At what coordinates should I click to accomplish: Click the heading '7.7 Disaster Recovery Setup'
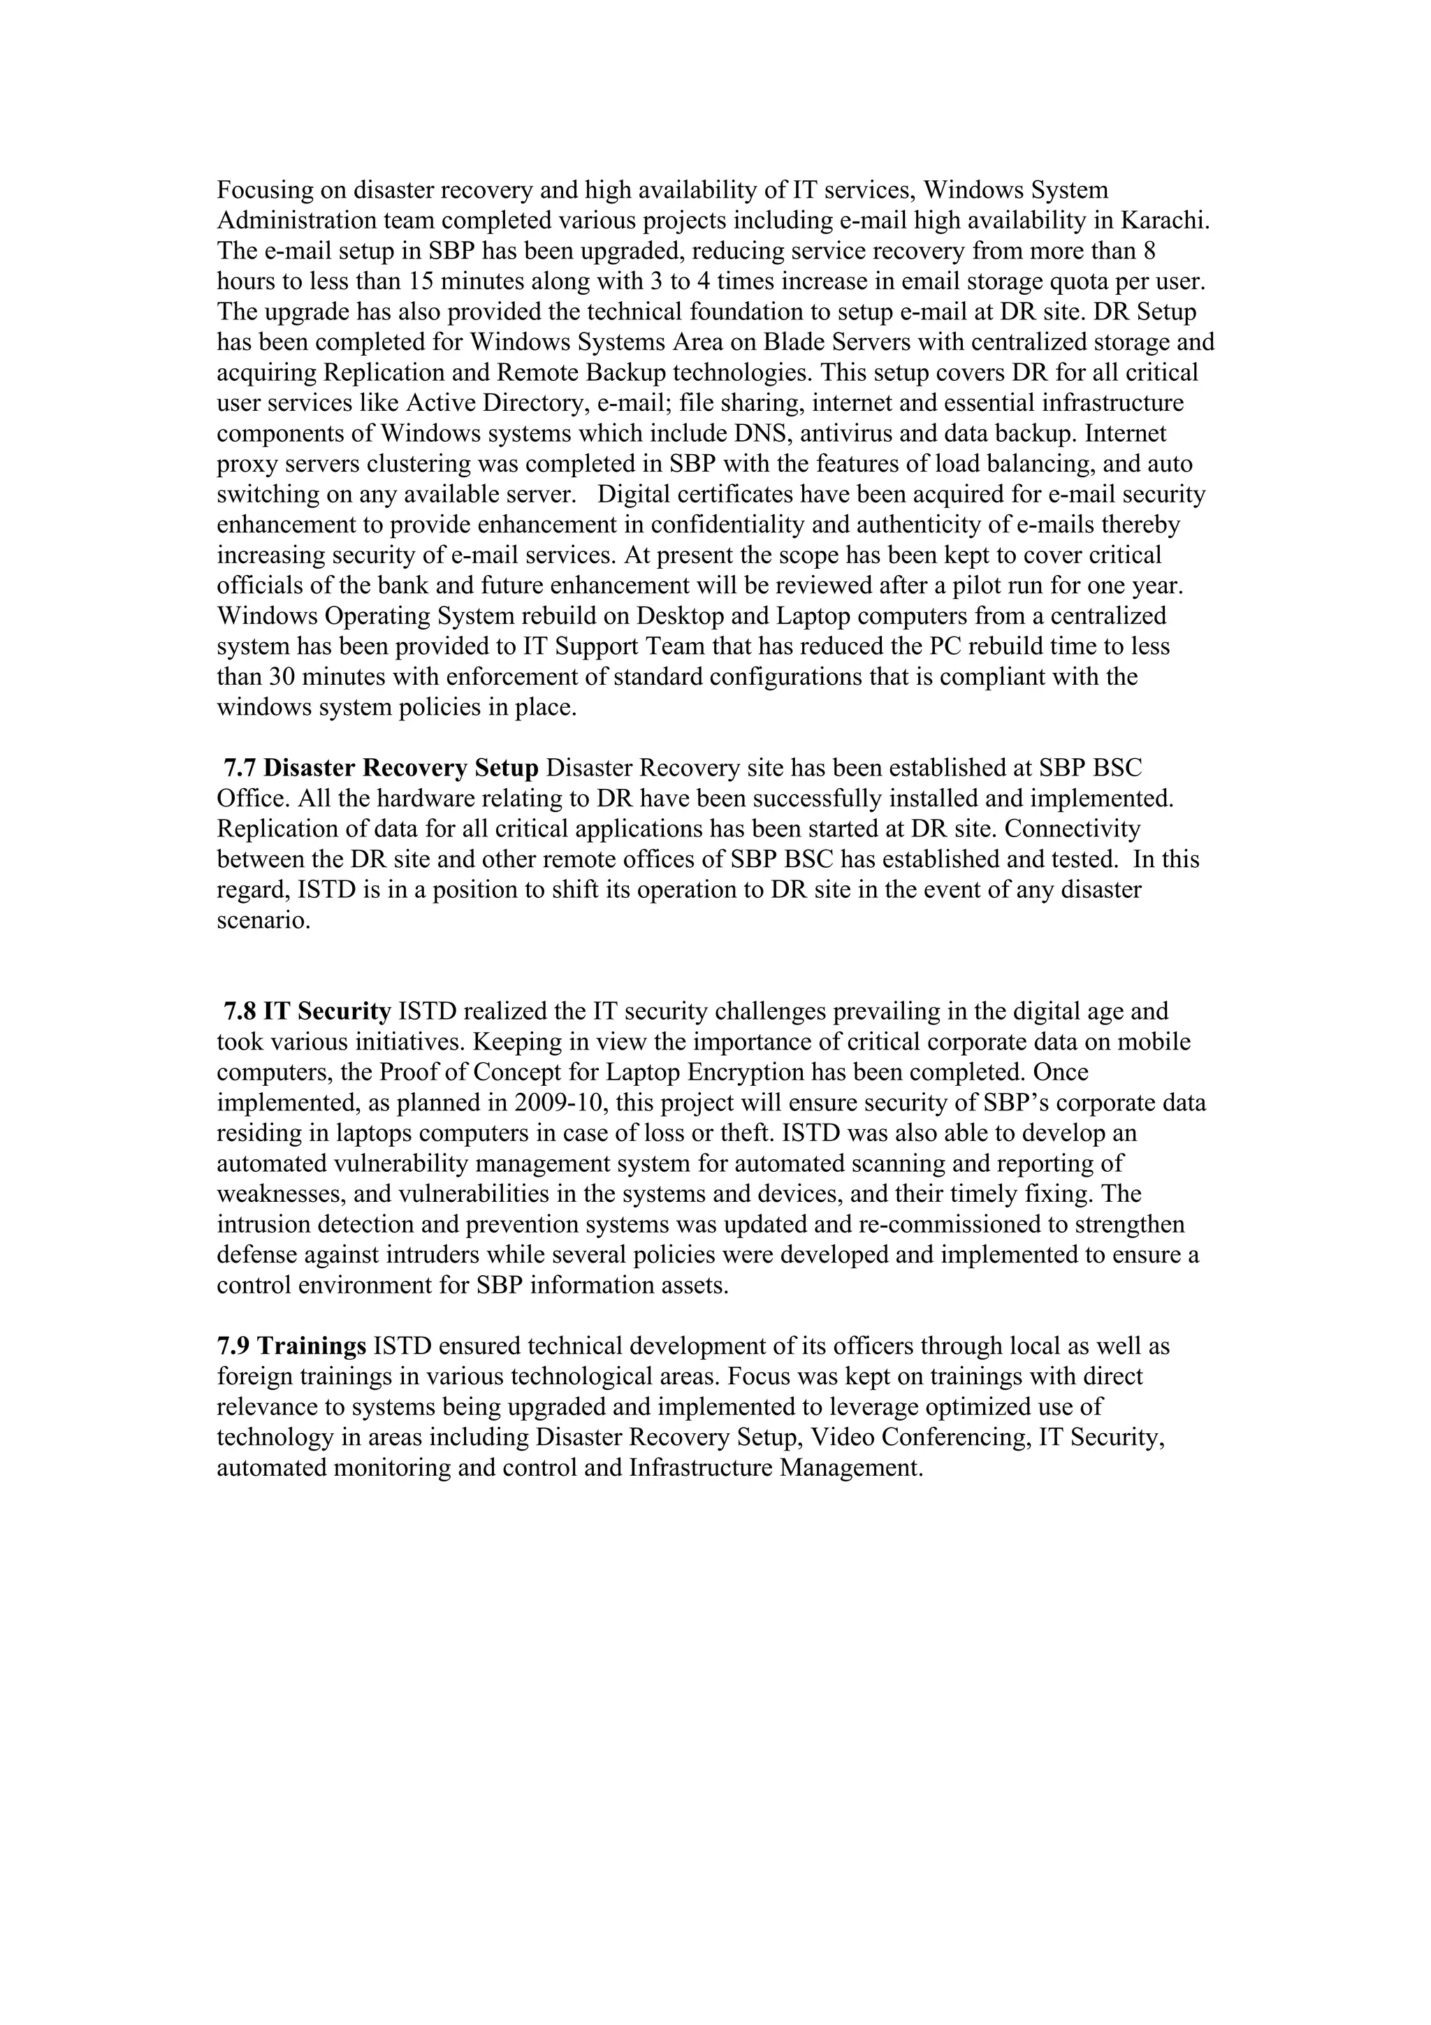381,768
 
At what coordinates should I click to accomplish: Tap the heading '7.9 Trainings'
292,1346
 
